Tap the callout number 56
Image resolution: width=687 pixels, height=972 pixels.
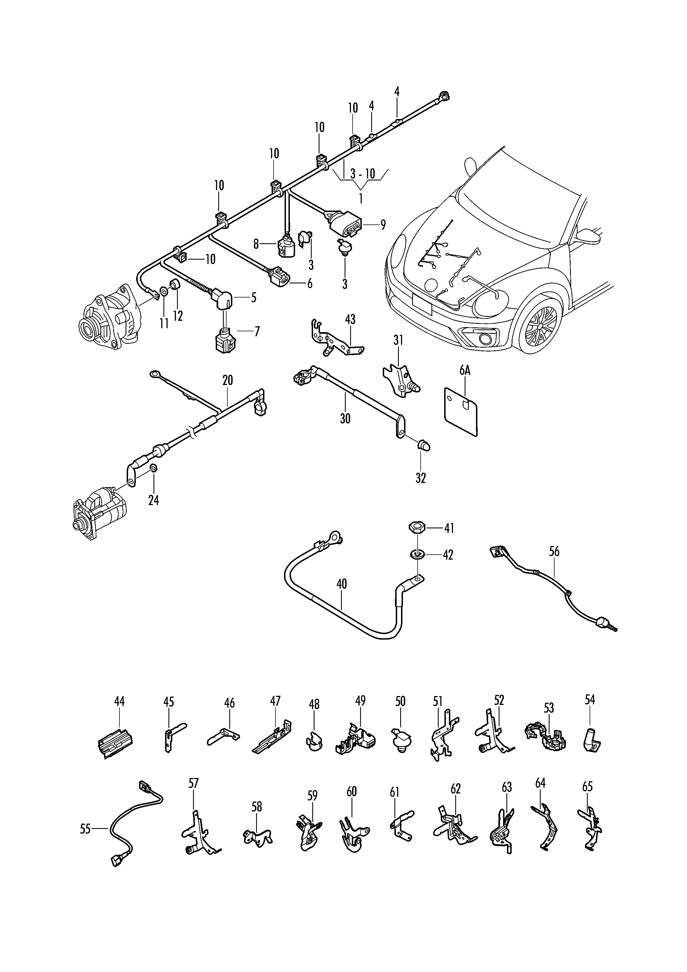tap(554, 551)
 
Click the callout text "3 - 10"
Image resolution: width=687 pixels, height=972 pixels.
tap(363, 173)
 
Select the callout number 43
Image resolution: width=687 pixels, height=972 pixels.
tap(350, 319)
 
